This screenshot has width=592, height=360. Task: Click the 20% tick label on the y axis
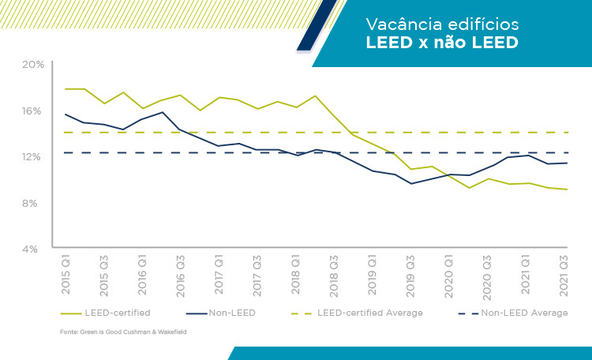pyautogui.click(x=32, y=64)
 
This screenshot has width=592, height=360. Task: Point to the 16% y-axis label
pyautogui.click(x=32, y=111)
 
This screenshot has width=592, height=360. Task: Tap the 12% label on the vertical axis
pyautogui.click(x=32, y=156)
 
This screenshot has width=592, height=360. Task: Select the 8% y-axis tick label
pyautogui.click(x=33, y=203)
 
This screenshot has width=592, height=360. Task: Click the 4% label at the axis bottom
pyautogui.click(x=33, y=249)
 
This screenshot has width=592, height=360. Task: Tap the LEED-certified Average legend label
pyautogui.click(x=370, y=313)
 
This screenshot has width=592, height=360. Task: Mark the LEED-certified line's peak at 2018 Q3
pyautogui.click(x=316, y=96)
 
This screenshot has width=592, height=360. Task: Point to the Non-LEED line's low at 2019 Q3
pyautogui.click(x=410, y=184)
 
